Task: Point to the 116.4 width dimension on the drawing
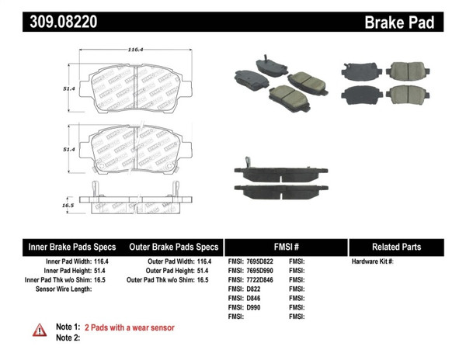(137, 49)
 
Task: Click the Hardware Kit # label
(373, 261)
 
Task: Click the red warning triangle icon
(39, 331)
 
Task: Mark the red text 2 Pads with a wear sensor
(129, 327)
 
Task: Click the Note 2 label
(68, 337)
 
